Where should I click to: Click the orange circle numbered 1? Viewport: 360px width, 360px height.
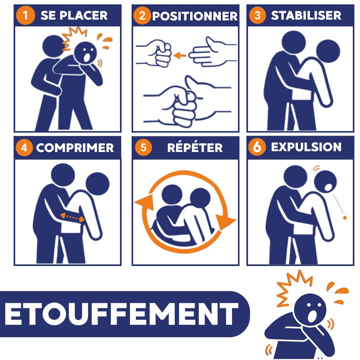pos(26,15)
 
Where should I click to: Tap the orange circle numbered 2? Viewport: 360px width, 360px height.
pos(142,16)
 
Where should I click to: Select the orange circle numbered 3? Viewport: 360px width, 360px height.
pos(258,15)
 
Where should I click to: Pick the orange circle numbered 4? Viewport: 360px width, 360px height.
pos(24,148)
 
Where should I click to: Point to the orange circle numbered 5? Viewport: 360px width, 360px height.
pos(144,147)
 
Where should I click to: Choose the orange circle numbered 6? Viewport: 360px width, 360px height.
pos(257,147)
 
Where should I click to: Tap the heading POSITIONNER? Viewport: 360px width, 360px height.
pos(195,16)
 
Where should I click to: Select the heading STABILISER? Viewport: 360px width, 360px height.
pos(306,15)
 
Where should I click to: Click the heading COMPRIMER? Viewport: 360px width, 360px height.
pos(75,148)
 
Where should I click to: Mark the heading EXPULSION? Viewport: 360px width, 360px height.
pos(306,147)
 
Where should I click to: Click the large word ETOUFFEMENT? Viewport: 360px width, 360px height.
pos(122,314)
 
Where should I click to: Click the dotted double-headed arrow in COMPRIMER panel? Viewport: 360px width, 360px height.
pos(72,217)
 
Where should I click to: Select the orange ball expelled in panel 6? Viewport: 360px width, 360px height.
pos(345,218)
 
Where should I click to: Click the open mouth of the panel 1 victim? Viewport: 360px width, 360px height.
pos(87,57)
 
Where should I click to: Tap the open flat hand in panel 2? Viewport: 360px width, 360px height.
pos(212,52)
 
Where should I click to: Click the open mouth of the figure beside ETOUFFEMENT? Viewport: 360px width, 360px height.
pos(312,316)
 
